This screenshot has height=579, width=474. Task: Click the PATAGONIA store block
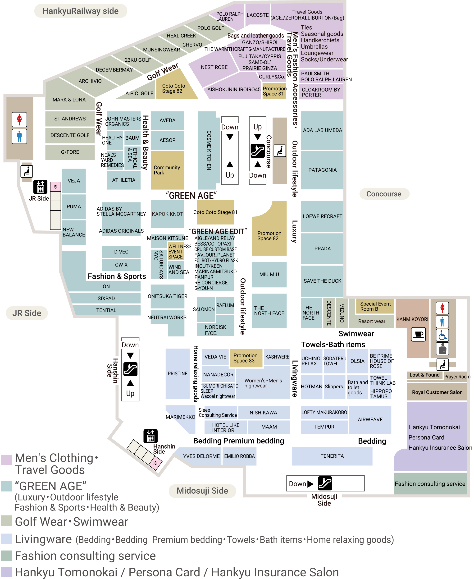tap(322, 170)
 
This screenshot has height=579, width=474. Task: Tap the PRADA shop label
tap(322, 248)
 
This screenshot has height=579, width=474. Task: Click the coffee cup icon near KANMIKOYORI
tap(418, 334)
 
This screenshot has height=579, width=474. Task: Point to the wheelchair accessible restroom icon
tap(442, 335)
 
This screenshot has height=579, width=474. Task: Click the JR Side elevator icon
tap(40, 187)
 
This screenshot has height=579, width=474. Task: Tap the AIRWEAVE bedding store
tap(370, 419)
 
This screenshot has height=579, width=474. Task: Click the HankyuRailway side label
tap(81, 11)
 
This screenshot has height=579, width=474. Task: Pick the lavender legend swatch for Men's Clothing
tap(6, 460)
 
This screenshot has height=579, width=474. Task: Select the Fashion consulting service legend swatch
tap(6, 556)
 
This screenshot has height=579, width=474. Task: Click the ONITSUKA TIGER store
tap(167, 296)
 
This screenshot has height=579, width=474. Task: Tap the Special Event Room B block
tap(375, 306)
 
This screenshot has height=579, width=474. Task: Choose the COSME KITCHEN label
tap(209, 150)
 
